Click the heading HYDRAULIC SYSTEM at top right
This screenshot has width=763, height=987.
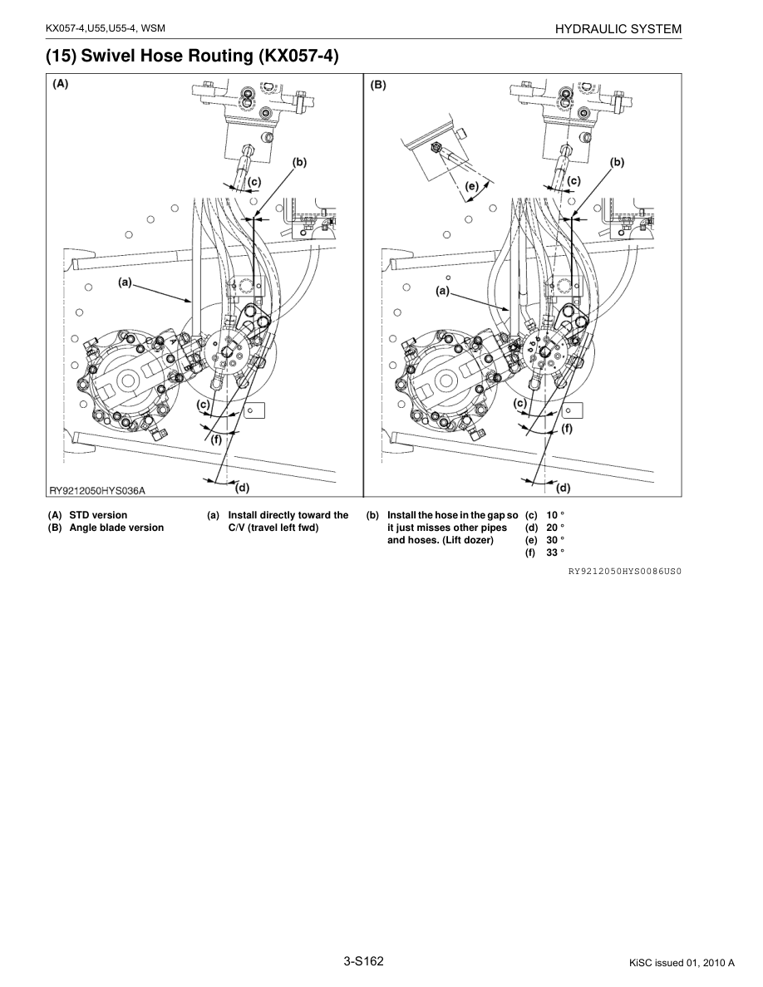point(619,29)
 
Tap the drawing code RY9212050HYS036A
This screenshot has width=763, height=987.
point(101,490)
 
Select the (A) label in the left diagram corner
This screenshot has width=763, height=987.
point(62,84)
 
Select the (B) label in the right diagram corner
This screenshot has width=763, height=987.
point(378,84)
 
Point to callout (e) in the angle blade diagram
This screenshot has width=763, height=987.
point(471,187)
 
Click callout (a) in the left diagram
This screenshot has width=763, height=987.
point(126,282)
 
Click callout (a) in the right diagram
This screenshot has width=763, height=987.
point(443,291)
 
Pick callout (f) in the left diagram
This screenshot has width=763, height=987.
point(216,439)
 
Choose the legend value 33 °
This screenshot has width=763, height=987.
point(555,553)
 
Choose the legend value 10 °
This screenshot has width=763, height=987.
point(555,515)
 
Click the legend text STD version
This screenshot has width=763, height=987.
point(98,515)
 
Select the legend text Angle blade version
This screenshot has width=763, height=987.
point(116,528)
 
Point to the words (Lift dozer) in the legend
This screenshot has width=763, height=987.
point(470,540)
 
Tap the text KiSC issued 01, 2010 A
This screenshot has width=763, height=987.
point(682,964)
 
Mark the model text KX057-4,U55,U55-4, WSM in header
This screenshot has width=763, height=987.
point(106,29)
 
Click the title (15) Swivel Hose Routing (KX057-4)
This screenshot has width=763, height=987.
point(192,56)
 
